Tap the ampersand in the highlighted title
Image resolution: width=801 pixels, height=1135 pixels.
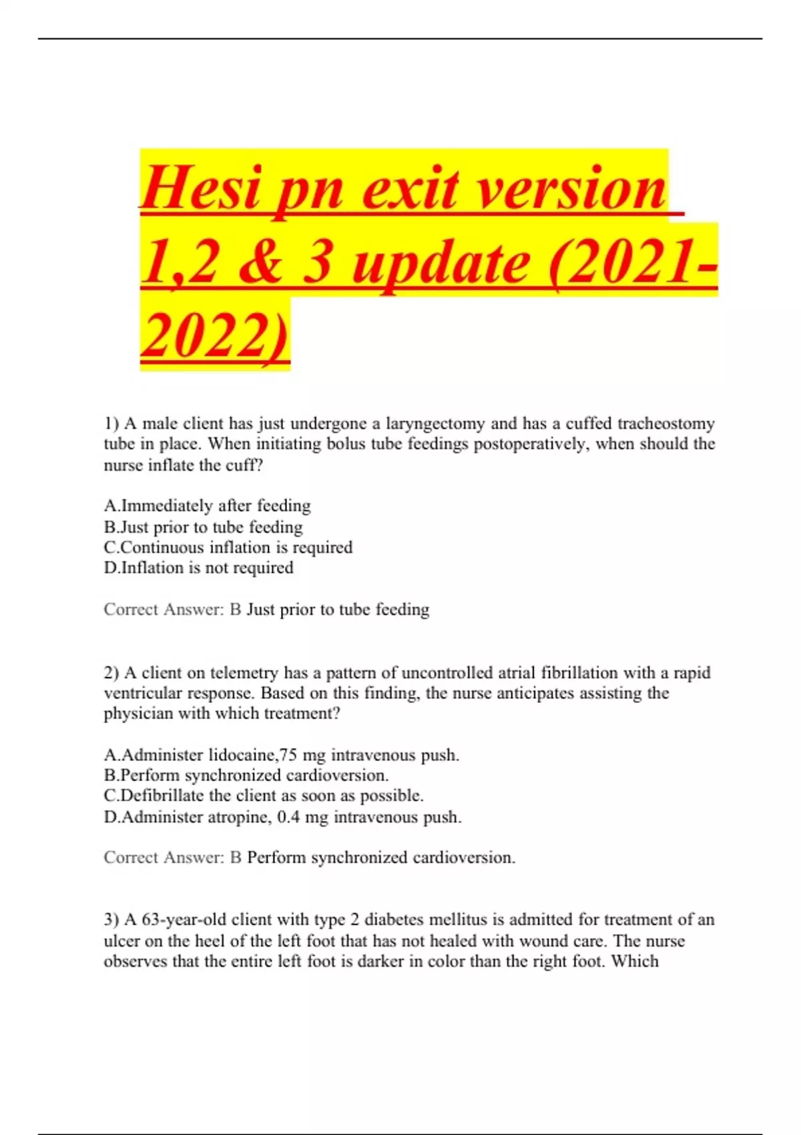260,262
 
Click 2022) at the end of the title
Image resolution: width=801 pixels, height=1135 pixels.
215,335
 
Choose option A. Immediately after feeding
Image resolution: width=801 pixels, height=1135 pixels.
208,505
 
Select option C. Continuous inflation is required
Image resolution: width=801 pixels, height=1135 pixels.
228,547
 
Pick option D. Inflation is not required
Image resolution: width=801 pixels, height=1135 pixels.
199,567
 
